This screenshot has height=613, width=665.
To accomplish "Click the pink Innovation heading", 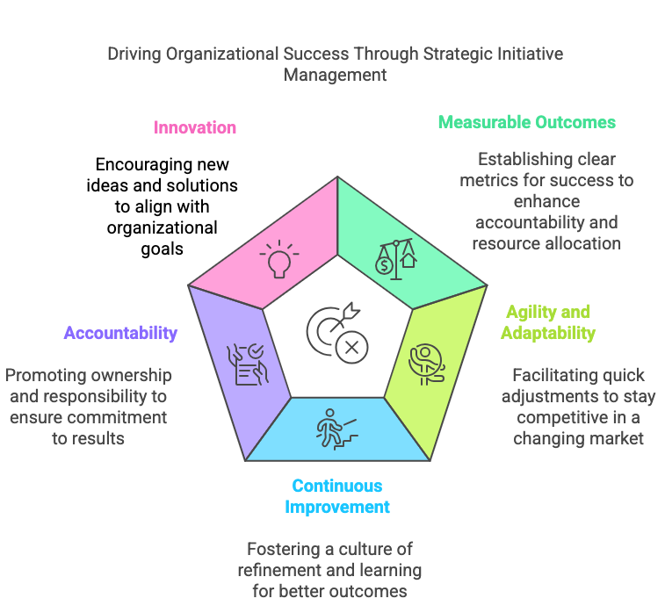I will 194,127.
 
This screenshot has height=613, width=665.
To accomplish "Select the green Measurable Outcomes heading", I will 527,122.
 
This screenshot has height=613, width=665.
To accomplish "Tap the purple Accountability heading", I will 120,333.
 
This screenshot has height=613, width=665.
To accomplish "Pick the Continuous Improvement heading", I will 337,496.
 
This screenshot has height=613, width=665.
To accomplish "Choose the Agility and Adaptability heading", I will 546,322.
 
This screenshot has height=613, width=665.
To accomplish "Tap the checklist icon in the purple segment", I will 246,364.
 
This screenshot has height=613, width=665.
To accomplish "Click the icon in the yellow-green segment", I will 426,362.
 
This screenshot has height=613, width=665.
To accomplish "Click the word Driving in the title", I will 135,54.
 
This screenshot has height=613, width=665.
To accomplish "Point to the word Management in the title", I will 335,76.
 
